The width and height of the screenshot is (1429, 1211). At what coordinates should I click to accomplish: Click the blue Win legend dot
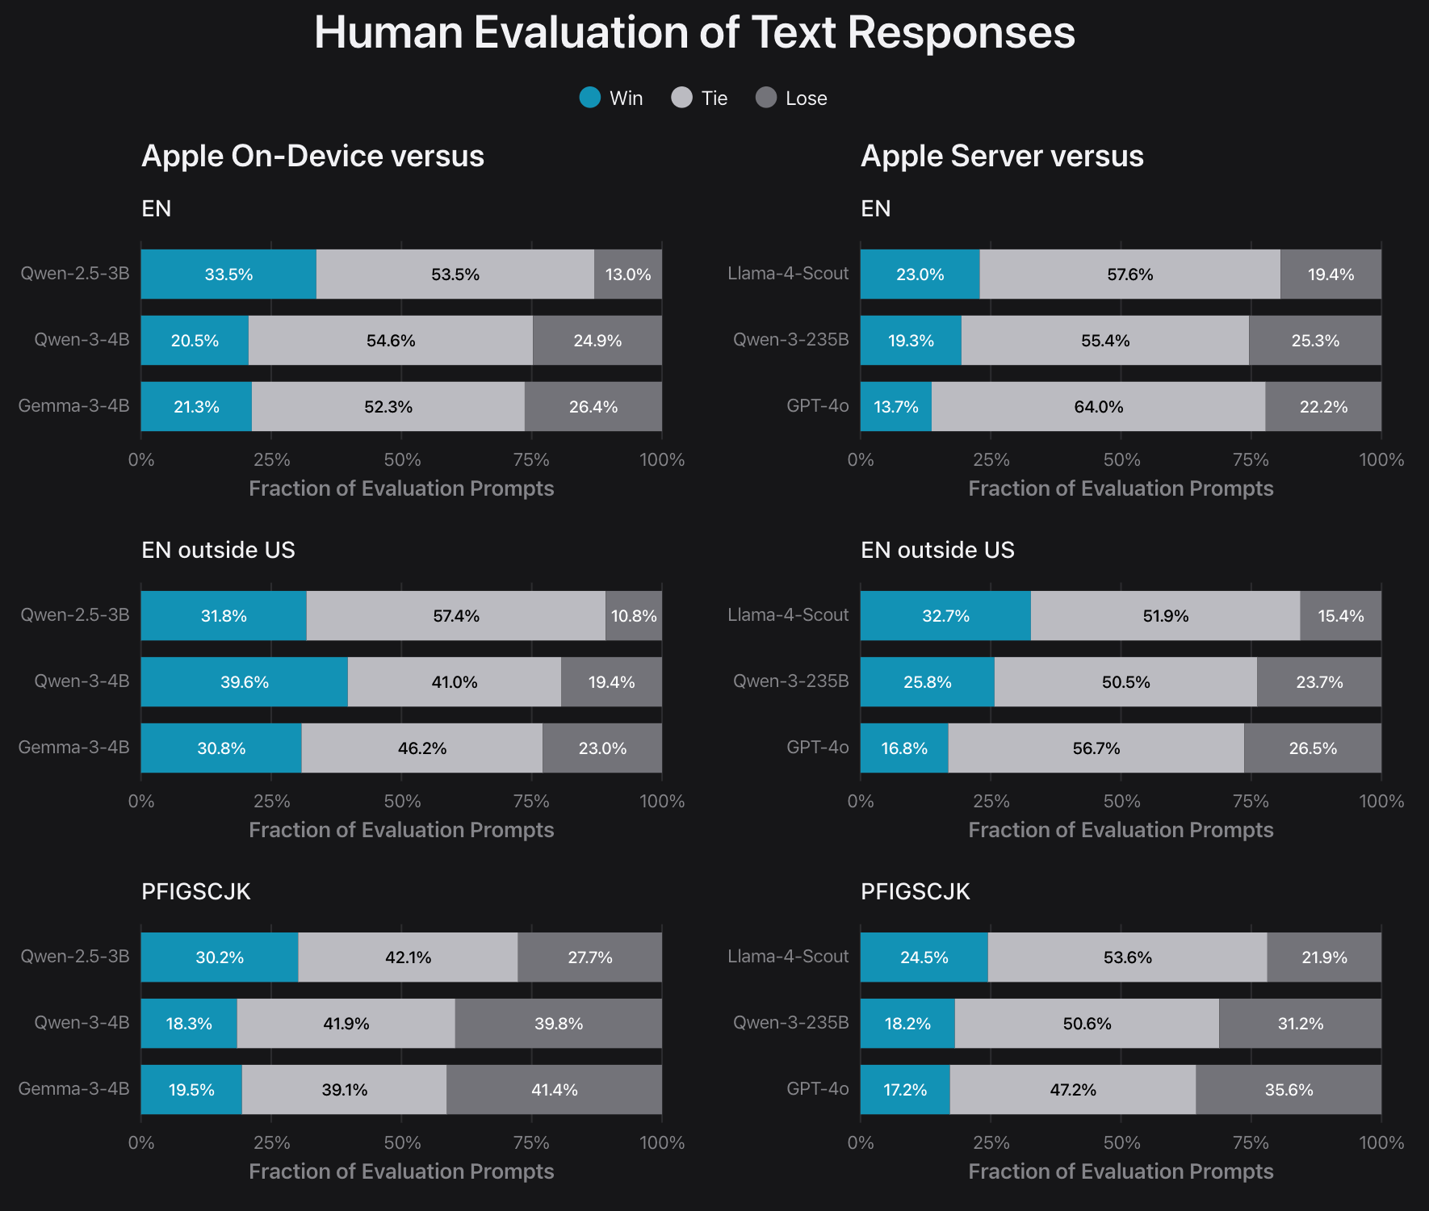pyautogui.click(x=590, y=98)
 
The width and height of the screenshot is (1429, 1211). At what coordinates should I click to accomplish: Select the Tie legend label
pyautogui.click(x=714, y=98)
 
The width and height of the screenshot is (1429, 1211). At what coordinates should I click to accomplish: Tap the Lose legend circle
pyautogui.click(x=766, y=98)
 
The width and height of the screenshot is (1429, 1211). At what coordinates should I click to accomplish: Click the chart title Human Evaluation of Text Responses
pyautogui.click(x=694, y=33)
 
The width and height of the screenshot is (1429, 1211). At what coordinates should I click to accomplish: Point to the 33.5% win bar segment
pyautogui.click(x=228, y=274)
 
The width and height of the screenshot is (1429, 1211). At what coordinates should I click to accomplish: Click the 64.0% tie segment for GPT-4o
pyautogui.click(x=1098, y=407)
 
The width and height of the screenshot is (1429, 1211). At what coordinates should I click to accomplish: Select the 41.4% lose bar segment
pyautogui.click(x=554, y=1090)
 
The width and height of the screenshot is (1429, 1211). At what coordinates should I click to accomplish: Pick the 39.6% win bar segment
pyautogui.click(x=244, y=682)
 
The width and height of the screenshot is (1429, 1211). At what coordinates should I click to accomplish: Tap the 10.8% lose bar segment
pyautogui.click(x=634, y=616)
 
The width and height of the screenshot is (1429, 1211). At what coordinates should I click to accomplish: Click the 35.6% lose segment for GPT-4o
pyautogui.click(x=1289, y=1090)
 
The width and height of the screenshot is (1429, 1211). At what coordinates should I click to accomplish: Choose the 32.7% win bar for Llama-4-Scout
pyautogui.click(x=945, y=616)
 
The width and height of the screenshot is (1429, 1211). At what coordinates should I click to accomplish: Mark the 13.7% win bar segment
pyautogui.click(x=895, y=407)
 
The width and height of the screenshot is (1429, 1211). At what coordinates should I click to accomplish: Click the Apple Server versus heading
pyautogui.click(x=1002, y=156)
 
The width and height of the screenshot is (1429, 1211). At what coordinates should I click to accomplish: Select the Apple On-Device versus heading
pyautogui.click(x=312, y=156)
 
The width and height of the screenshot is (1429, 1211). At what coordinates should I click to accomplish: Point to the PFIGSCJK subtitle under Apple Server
pyautogui.click(x=915, y=891)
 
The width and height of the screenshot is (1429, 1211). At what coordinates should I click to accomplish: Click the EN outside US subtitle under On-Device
pyautogui.click(x=218, y=550)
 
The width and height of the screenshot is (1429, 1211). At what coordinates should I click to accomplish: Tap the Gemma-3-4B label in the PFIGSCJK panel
pyautogui.click(x=73, y=1089)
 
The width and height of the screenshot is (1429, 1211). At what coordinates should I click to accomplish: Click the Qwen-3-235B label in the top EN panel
pyautogui.click(x=790, y=340)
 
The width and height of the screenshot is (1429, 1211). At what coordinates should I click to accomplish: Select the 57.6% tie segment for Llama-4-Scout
pyautogui.click(x=1129, y=274)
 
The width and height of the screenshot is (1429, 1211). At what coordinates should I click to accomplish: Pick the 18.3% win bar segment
pyautogui.click(x=189, y=1024)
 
